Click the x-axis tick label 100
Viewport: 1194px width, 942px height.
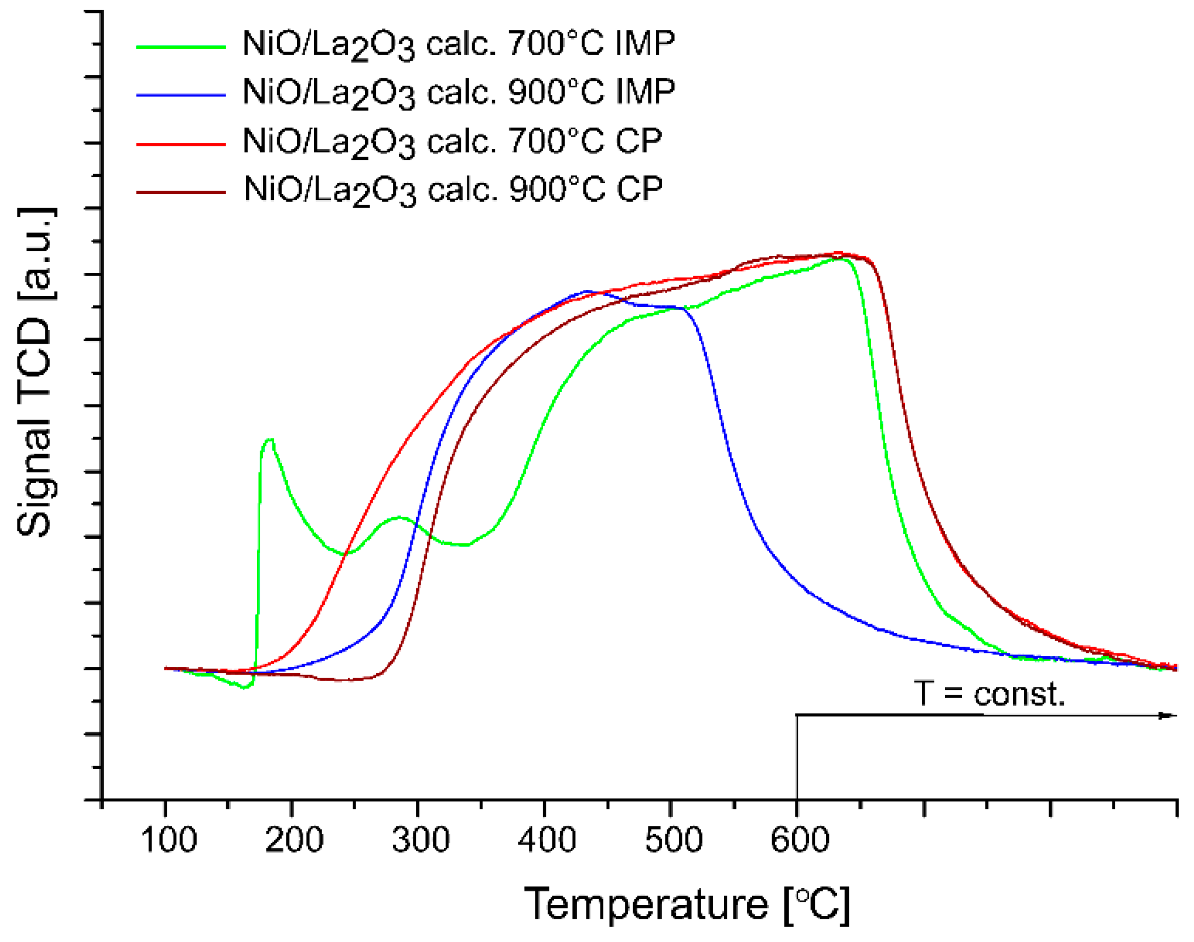pos(168,840)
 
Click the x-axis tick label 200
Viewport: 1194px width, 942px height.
pos(294,840)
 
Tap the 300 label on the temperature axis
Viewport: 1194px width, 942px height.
pos(421,840)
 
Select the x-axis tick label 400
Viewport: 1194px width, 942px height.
pos(547,840)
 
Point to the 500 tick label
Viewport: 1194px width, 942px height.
pos(674,840)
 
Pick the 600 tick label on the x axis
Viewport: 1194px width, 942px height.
pos(799,840)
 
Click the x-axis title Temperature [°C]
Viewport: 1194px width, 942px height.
pos(687,904)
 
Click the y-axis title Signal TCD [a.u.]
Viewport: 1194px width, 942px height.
pos(35,371)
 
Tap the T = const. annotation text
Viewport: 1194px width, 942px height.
pos(989,694)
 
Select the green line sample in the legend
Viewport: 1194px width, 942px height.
pos(181,47)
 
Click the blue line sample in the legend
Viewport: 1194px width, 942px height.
pos(181,95)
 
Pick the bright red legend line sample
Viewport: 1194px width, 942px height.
pos(181,144)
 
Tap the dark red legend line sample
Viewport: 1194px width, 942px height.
pos(181,193)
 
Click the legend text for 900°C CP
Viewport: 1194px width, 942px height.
pos(453,190)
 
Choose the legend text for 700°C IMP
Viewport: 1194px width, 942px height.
pos(458,44)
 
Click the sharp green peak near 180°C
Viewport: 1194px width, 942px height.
pos(269,440)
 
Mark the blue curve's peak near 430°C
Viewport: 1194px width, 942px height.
pos(586,292)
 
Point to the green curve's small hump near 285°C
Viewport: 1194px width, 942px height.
pos(399,517)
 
